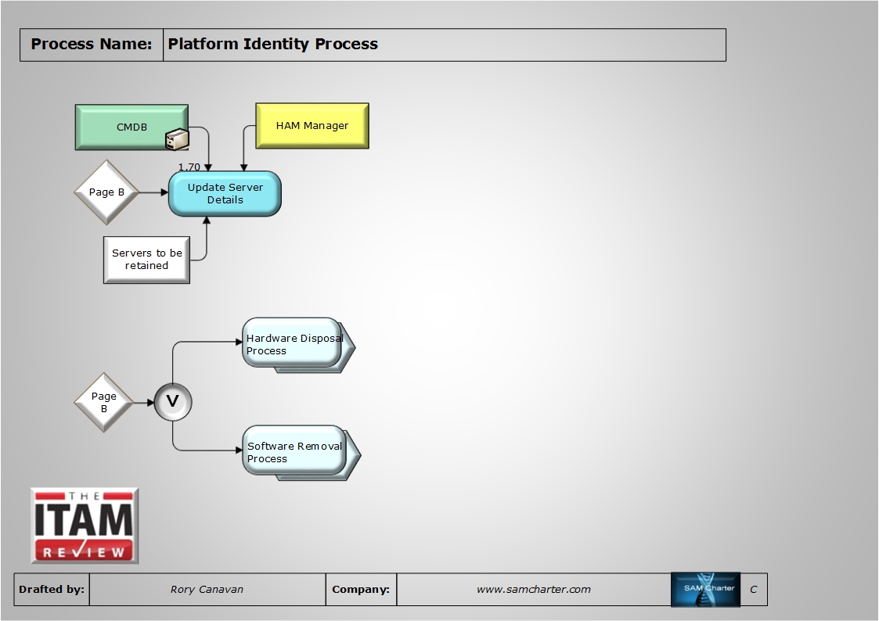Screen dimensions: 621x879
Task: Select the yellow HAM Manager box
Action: tap(312, 125)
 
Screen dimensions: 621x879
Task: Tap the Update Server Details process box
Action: tap(225, 194)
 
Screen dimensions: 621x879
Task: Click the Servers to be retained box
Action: tap(146, 260)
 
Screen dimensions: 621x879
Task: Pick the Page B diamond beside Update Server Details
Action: tap(106, 192)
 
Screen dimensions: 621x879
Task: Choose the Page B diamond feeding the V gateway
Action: tap(104, 403)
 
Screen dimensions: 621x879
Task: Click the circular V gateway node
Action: tap(172, 403)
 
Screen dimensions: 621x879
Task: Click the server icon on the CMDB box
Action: tap(177, 139)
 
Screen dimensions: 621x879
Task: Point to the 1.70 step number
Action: tap(189, 167)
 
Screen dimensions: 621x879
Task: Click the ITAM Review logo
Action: tap(85, 526)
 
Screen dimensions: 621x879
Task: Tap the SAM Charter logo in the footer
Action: tap(705, 589)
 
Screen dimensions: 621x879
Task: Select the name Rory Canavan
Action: tap(207, 590)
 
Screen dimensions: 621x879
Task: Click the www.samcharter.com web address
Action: tap(533, 590)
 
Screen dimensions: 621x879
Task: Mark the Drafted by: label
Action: tap(52, 590)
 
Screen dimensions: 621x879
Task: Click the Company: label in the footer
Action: tap(361, 590)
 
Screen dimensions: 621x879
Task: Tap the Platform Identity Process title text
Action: tap(273, 45)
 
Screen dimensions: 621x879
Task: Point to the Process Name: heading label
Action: tap(91, 45)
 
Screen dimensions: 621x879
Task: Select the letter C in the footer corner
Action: tap(753, 590)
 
